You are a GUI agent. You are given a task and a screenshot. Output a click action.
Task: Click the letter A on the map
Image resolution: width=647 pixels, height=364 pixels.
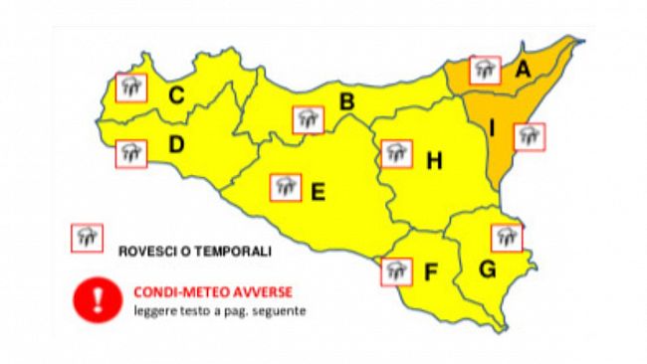(x=522, y=69)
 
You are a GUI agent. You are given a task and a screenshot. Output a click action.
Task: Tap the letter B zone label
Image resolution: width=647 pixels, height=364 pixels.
(x=347, y=101)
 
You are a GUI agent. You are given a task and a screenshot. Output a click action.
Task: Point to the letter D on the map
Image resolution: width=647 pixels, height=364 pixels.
(x=176, y=145)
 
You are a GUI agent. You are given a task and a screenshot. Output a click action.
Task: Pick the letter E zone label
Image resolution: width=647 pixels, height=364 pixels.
(x=318, y=192)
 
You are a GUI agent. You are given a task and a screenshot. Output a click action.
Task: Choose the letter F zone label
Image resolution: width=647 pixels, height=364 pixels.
(x=432, y=272)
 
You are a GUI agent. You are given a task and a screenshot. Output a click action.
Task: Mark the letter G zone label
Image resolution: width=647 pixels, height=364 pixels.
(x=489, y=270)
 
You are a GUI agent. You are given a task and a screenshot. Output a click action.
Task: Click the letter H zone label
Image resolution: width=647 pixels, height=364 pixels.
(x=433, y=161)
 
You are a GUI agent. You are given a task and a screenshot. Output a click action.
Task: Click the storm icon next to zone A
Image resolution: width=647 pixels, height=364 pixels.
(x=485, y=69)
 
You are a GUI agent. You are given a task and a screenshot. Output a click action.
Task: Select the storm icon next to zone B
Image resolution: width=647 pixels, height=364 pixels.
(x=309, y=119)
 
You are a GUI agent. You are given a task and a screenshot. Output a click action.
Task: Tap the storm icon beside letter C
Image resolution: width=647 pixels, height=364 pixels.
(x=130, y=88)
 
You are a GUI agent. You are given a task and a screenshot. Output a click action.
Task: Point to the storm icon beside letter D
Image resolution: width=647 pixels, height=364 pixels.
(x=130, y=153)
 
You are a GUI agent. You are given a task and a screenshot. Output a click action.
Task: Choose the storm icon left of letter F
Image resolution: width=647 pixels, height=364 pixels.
(x=397, y=270)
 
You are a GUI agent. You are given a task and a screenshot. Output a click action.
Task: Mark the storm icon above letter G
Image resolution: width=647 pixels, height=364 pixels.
(x=507, y=237)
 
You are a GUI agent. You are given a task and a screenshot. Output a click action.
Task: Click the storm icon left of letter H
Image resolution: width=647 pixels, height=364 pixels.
(x=396, y=153)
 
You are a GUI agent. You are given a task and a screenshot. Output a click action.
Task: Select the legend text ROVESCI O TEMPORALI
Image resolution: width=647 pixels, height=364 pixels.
(x=194, y=252)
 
